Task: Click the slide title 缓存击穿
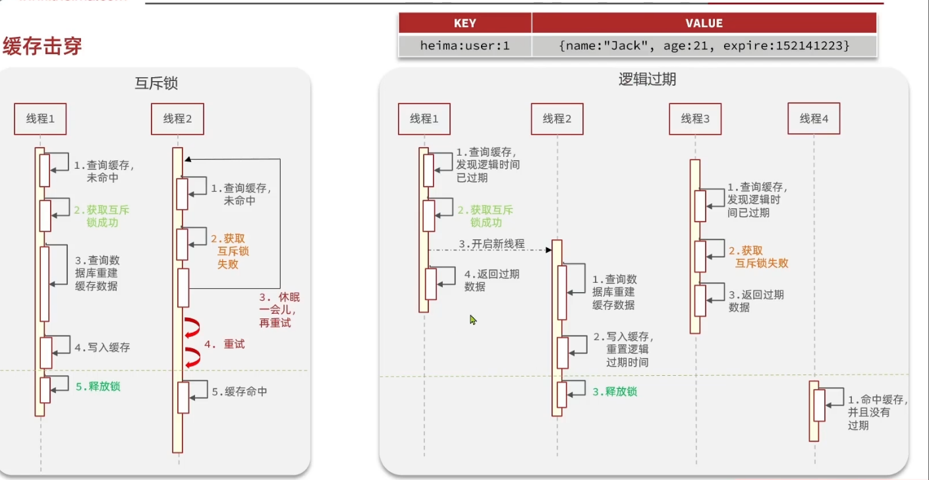pos(42,46)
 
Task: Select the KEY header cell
pos(464,23)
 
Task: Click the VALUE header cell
pos(704,23)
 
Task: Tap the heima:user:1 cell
pos(464,45)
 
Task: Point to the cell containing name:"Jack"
pos(704,45)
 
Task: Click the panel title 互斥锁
pos(156,83)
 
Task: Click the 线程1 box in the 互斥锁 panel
pos(40,119)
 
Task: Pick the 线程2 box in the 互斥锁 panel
pos(177,119)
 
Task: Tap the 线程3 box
pos(695,119)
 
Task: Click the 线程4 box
pos(814,119)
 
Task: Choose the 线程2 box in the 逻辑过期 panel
pos(557,119)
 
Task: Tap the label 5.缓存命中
pos(239,392)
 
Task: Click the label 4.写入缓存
pos(102,347)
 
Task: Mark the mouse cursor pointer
pos(472,320)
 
